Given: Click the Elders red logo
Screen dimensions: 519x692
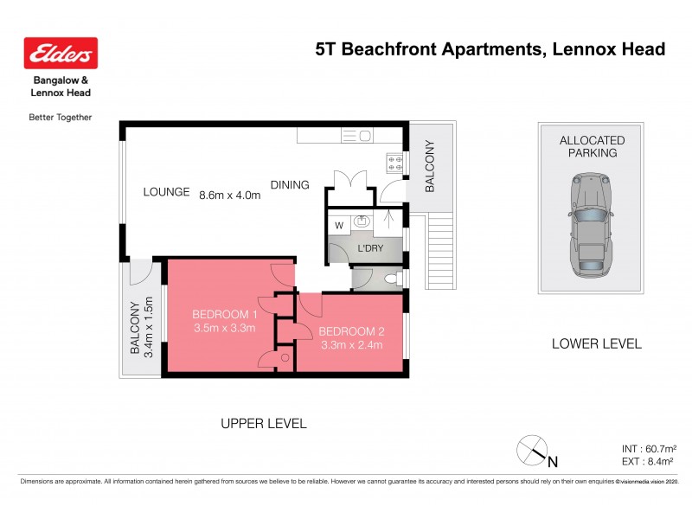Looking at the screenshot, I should click(61, 54).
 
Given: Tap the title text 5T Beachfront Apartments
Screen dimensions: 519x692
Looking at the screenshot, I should click(428, 49).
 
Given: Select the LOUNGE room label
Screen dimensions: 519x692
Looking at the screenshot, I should click(166, 192).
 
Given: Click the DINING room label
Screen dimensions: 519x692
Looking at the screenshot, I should click(290, 185).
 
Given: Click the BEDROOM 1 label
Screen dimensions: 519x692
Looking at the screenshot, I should click(224, 314).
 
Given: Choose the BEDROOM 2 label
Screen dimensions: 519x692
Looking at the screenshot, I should click(350, 331).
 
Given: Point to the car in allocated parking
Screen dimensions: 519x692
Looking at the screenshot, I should click(591, 224).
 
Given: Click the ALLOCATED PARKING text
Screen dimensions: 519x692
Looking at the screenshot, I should click(592, 146).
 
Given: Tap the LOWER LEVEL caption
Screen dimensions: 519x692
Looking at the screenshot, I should click(596, 343).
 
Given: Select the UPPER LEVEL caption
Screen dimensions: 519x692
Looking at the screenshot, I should click(264, 423).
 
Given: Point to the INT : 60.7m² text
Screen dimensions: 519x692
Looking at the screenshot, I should click(649, 449).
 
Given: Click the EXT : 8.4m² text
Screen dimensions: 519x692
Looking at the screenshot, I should click(649, 463).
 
